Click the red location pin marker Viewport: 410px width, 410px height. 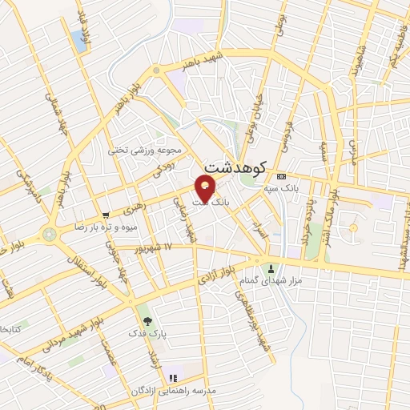point(206,189)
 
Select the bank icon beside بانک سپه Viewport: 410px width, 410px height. point(280,176)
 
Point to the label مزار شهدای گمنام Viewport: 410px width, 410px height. point(271,281)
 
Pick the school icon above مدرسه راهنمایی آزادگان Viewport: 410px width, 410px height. point(172,378)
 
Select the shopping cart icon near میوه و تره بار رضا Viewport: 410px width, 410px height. point(106,215)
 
